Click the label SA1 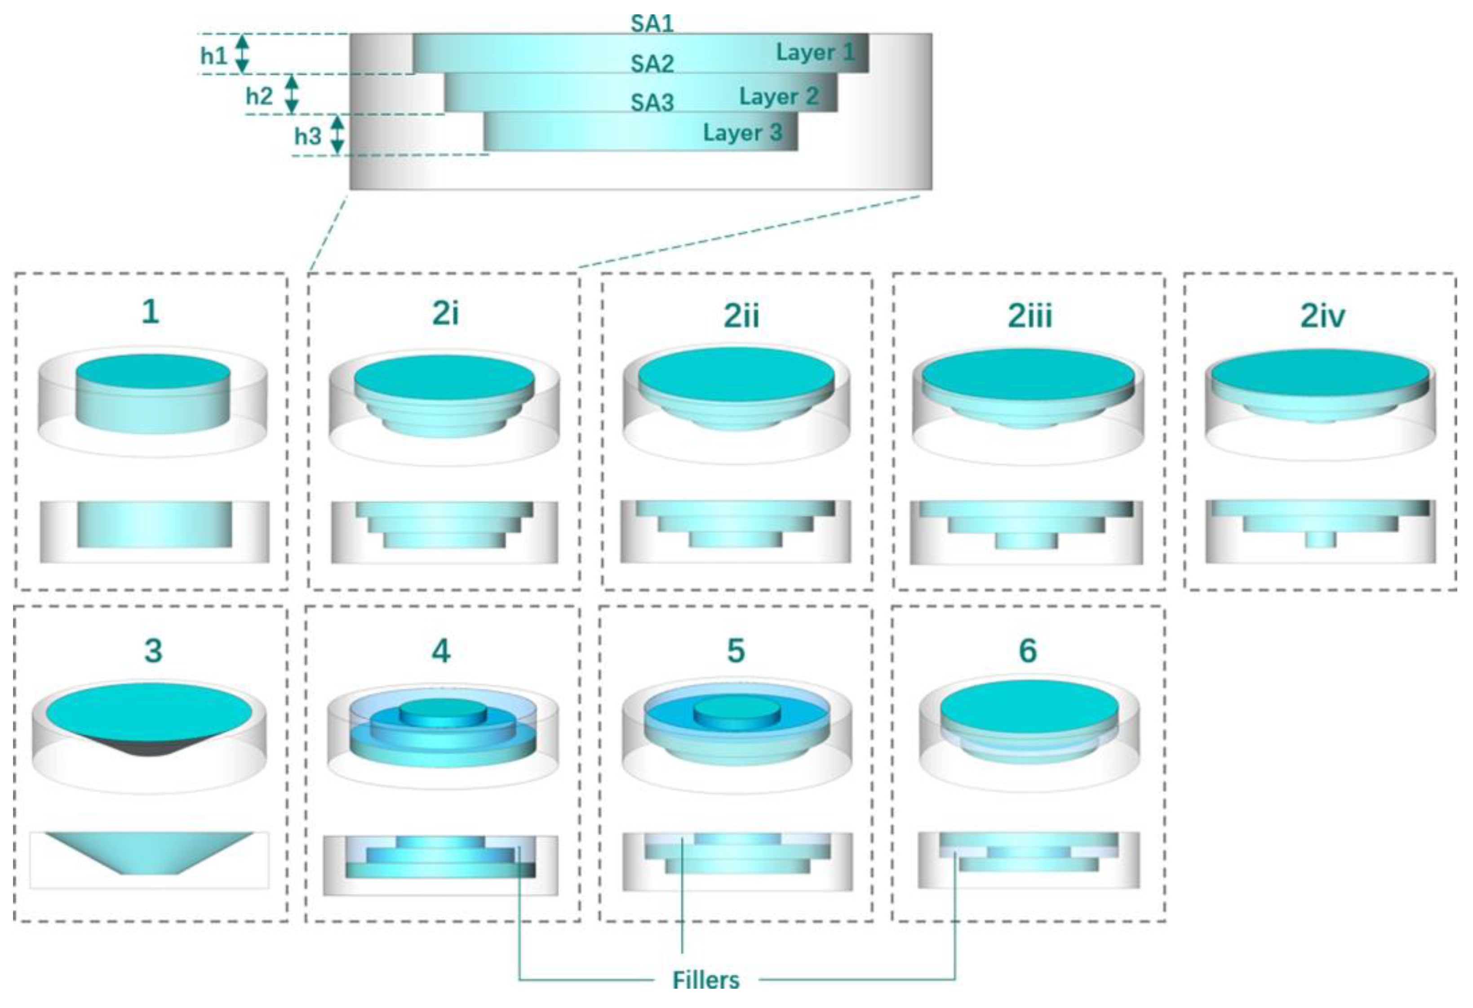(x=652, y=24)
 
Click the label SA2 (x=652, y=64)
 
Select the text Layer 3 (x=742, y=133)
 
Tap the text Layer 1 (x=815, y=53)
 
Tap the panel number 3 (x=153, y=651)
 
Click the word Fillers (x=705, y=981)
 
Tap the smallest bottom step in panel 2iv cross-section (x=1320, y=539)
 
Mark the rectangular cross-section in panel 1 (x=155, y=524)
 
